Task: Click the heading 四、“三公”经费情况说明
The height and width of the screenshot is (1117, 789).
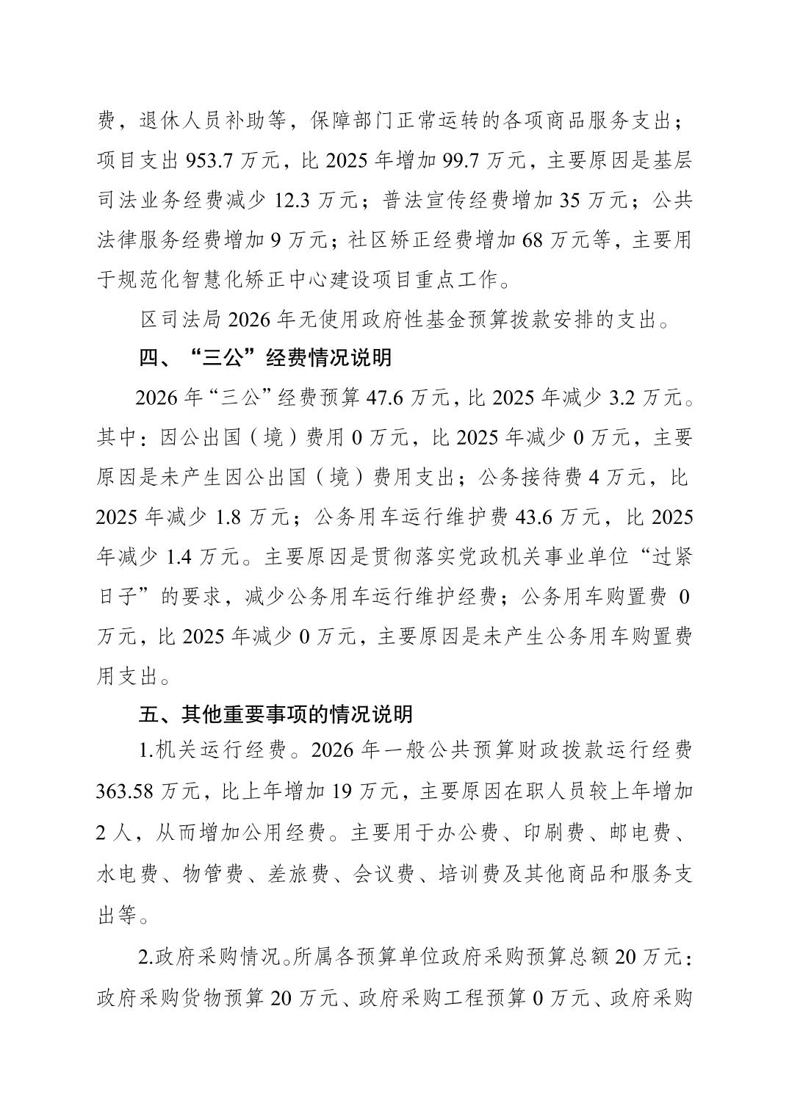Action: click(265, 359)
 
